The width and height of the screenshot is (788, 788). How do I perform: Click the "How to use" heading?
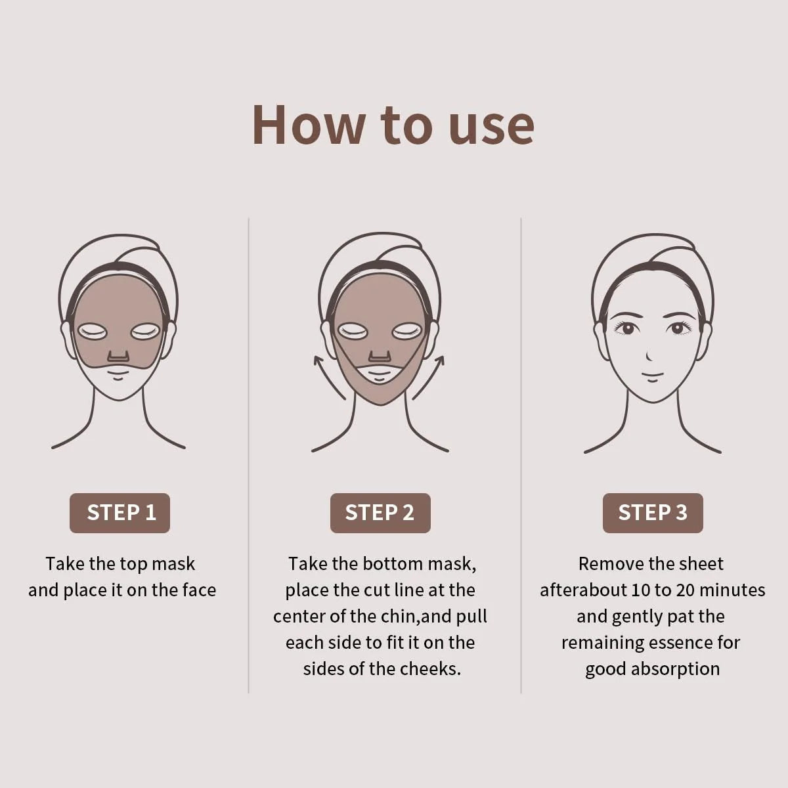point(393,125)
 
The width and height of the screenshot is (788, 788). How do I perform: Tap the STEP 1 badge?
point(120,513)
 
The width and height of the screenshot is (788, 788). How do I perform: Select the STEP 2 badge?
point(380,513)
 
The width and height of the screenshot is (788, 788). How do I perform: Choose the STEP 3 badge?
point(653,513)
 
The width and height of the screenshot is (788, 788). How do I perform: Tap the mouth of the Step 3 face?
point(652,376)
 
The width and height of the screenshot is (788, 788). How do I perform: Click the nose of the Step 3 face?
point(649,357)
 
